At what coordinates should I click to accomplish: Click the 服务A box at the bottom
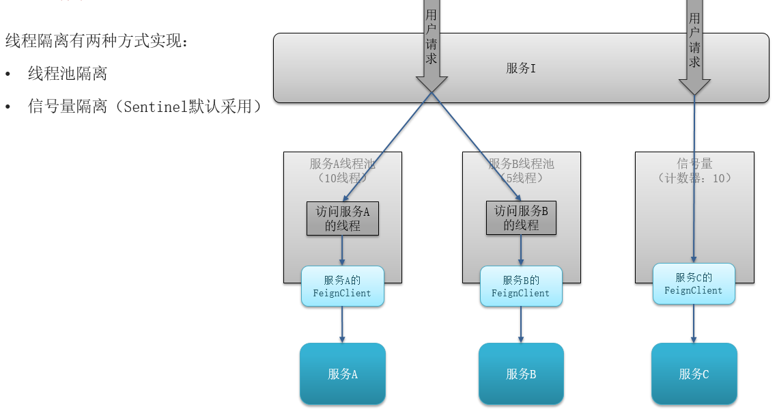[342, 373]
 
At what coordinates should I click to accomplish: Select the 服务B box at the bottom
[521, 373]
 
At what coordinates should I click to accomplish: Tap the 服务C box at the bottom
[694, 373]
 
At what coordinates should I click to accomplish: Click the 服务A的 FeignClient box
[342, 286]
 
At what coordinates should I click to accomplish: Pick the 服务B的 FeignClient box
[521, 286]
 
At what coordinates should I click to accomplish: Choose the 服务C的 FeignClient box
[694, 283]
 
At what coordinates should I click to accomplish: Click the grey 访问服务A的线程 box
[342, 218]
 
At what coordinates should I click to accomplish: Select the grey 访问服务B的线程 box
[521, 218]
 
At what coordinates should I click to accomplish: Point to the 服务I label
[520, 68]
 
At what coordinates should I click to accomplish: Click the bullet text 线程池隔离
[67, 74]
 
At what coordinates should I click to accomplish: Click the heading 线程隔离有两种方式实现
[96, 41]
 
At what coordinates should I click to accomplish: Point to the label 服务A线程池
[342, 164]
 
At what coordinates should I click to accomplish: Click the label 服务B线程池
[521, 164]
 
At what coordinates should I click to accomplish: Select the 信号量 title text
[694, 164]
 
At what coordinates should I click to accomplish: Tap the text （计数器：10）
[694, 178]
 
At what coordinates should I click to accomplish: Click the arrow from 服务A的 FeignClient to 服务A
[342, 324]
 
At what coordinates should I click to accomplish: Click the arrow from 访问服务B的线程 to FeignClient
[521, 251]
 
